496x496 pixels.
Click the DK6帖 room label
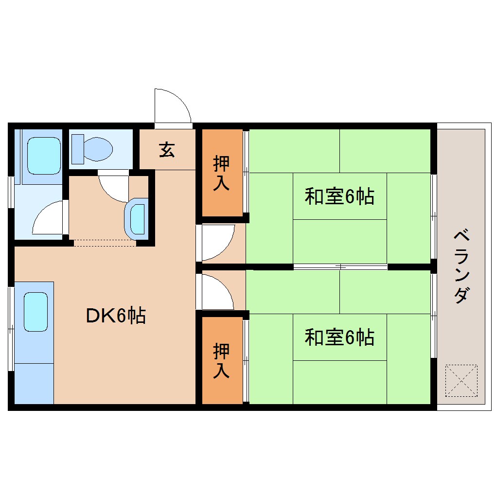pos(116,316)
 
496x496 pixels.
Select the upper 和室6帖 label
pos(339,197)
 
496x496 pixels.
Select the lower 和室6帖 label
pos(339,337)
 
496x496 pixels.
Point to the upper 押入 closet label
pos(222,173)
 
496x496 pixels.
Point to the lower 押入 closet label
pos(222,360)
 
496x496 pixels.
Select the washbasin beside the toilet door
pos(137,218)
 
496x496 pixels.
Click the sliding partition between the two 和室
pos(340,266)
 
